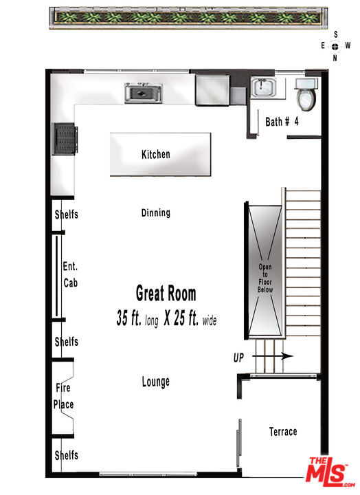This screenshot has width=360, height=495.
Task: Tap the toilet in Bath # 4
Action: pos(306,94)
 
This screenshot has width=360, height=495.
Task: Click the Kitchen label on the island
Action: pos(156,154)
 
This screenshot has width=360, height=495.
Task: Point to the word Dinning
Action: pos(156,212)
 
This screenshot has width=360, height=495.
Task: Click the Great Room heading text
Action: pos(166,294)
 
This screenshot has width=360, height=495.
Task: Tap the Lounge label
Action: pos(156,382)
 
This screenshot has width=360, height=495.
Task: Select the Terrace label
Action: pos(283,432)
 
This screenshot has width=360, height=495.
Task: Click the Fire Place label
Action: pos(64,396)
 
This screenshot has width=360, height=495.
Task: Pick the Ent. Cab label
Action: pos(70,274)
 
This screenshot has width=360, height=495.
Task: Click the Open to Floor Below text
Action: pos(265,278)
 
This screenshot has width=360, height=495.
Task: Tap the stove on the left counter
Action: pos(66,140)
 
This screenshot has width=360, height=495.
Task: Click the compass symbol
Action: pos(335,46)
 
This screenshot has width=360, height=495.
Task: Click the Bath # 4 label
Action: pos(282,122)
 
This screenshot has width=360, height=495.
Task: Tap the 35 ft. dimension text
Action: pos(131,319)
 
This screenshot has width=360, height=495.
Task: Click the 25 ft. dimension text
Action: pos(183,319)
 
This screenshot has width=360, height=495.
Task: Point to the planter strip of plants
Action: pos(186,17)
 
